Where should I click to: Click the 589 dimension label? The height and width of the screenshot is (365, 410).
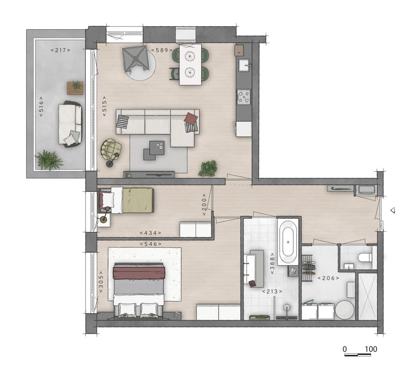162,50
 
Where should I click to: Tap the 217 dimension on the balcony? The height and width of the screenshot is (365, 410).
60,50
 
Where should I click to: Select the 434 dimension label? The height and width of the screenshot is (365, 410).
150,233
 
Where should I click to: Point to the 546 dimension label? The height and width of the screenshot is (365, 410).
151,244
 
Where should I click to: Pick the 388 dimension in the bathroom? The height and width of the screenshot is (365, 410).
272,263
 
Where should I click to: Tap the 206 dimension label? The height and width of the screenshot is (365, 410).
329,278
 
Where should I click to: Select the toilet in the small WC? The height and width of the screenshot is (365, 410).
365,258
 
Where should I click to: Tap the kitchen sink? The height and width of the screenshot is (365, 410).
244,65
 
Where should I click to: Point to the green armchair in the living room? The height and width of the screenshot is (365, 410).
111,149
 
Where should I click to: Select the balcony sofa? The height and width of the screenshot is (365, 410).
70,123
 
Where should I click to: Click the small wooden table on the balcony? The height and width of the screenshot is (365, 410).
75,88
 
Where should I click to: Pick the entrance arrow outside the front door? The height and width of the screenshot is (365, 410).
392,210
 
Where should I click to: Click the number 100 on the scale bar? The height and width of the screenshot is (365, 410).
371,349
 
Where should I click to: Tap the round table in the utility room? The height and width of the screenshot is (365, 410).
345,310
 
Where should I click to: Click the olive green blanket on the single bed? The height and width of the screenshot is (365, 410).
138,200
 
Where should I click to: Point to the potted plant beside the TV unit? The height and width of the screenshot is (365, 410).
208,168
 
